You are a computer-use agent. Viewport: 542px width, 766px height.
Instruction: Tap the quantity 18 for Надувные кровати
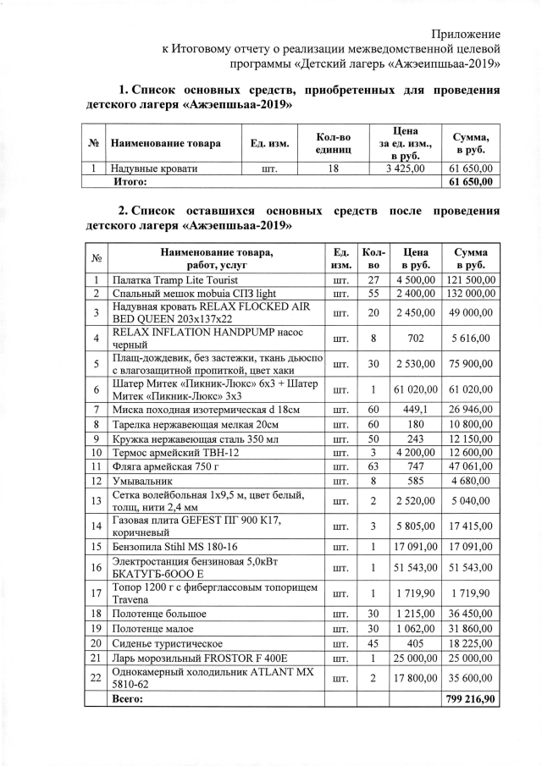coord(333,168)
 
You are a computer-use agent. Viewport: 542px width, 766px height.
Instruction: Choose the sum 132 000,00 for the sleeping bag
coord(472,293)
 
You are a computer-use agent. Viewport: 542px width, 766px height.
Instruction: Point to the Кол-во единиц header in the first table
coord(333,143)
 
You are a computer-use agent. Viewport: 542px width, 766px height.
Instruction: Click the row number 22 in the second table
coord(97,678)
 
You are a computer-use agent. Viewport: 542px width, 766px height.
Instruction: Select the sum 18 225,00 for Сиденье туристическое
coord(472,643)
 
